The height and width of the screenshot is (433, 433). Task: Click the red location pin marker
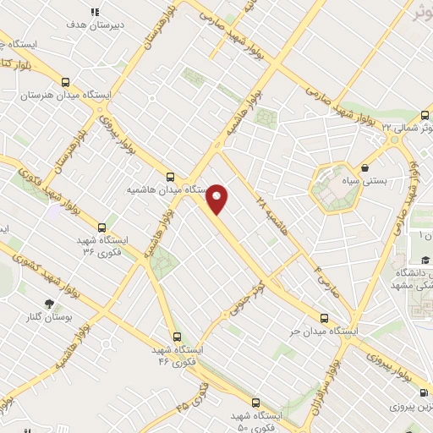tap(217, 199)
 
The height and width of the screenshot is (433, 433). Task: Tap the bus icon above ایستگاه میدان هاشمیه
tap(171, 178)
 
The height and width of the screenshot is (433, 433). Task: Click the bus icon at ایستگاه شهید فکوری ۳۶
tap(102, 227)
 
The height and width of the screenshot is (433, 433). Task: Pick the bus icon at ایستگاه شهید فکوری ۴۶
tap(175, 337)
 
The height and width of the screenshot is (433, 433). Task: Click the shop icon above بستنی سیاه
tap(364, 167)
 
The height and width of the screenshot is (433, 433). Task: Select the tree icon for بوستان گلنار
tap(50, 303)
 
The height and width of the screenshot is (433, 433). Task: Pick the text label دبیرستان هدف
tap(96, 26)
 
